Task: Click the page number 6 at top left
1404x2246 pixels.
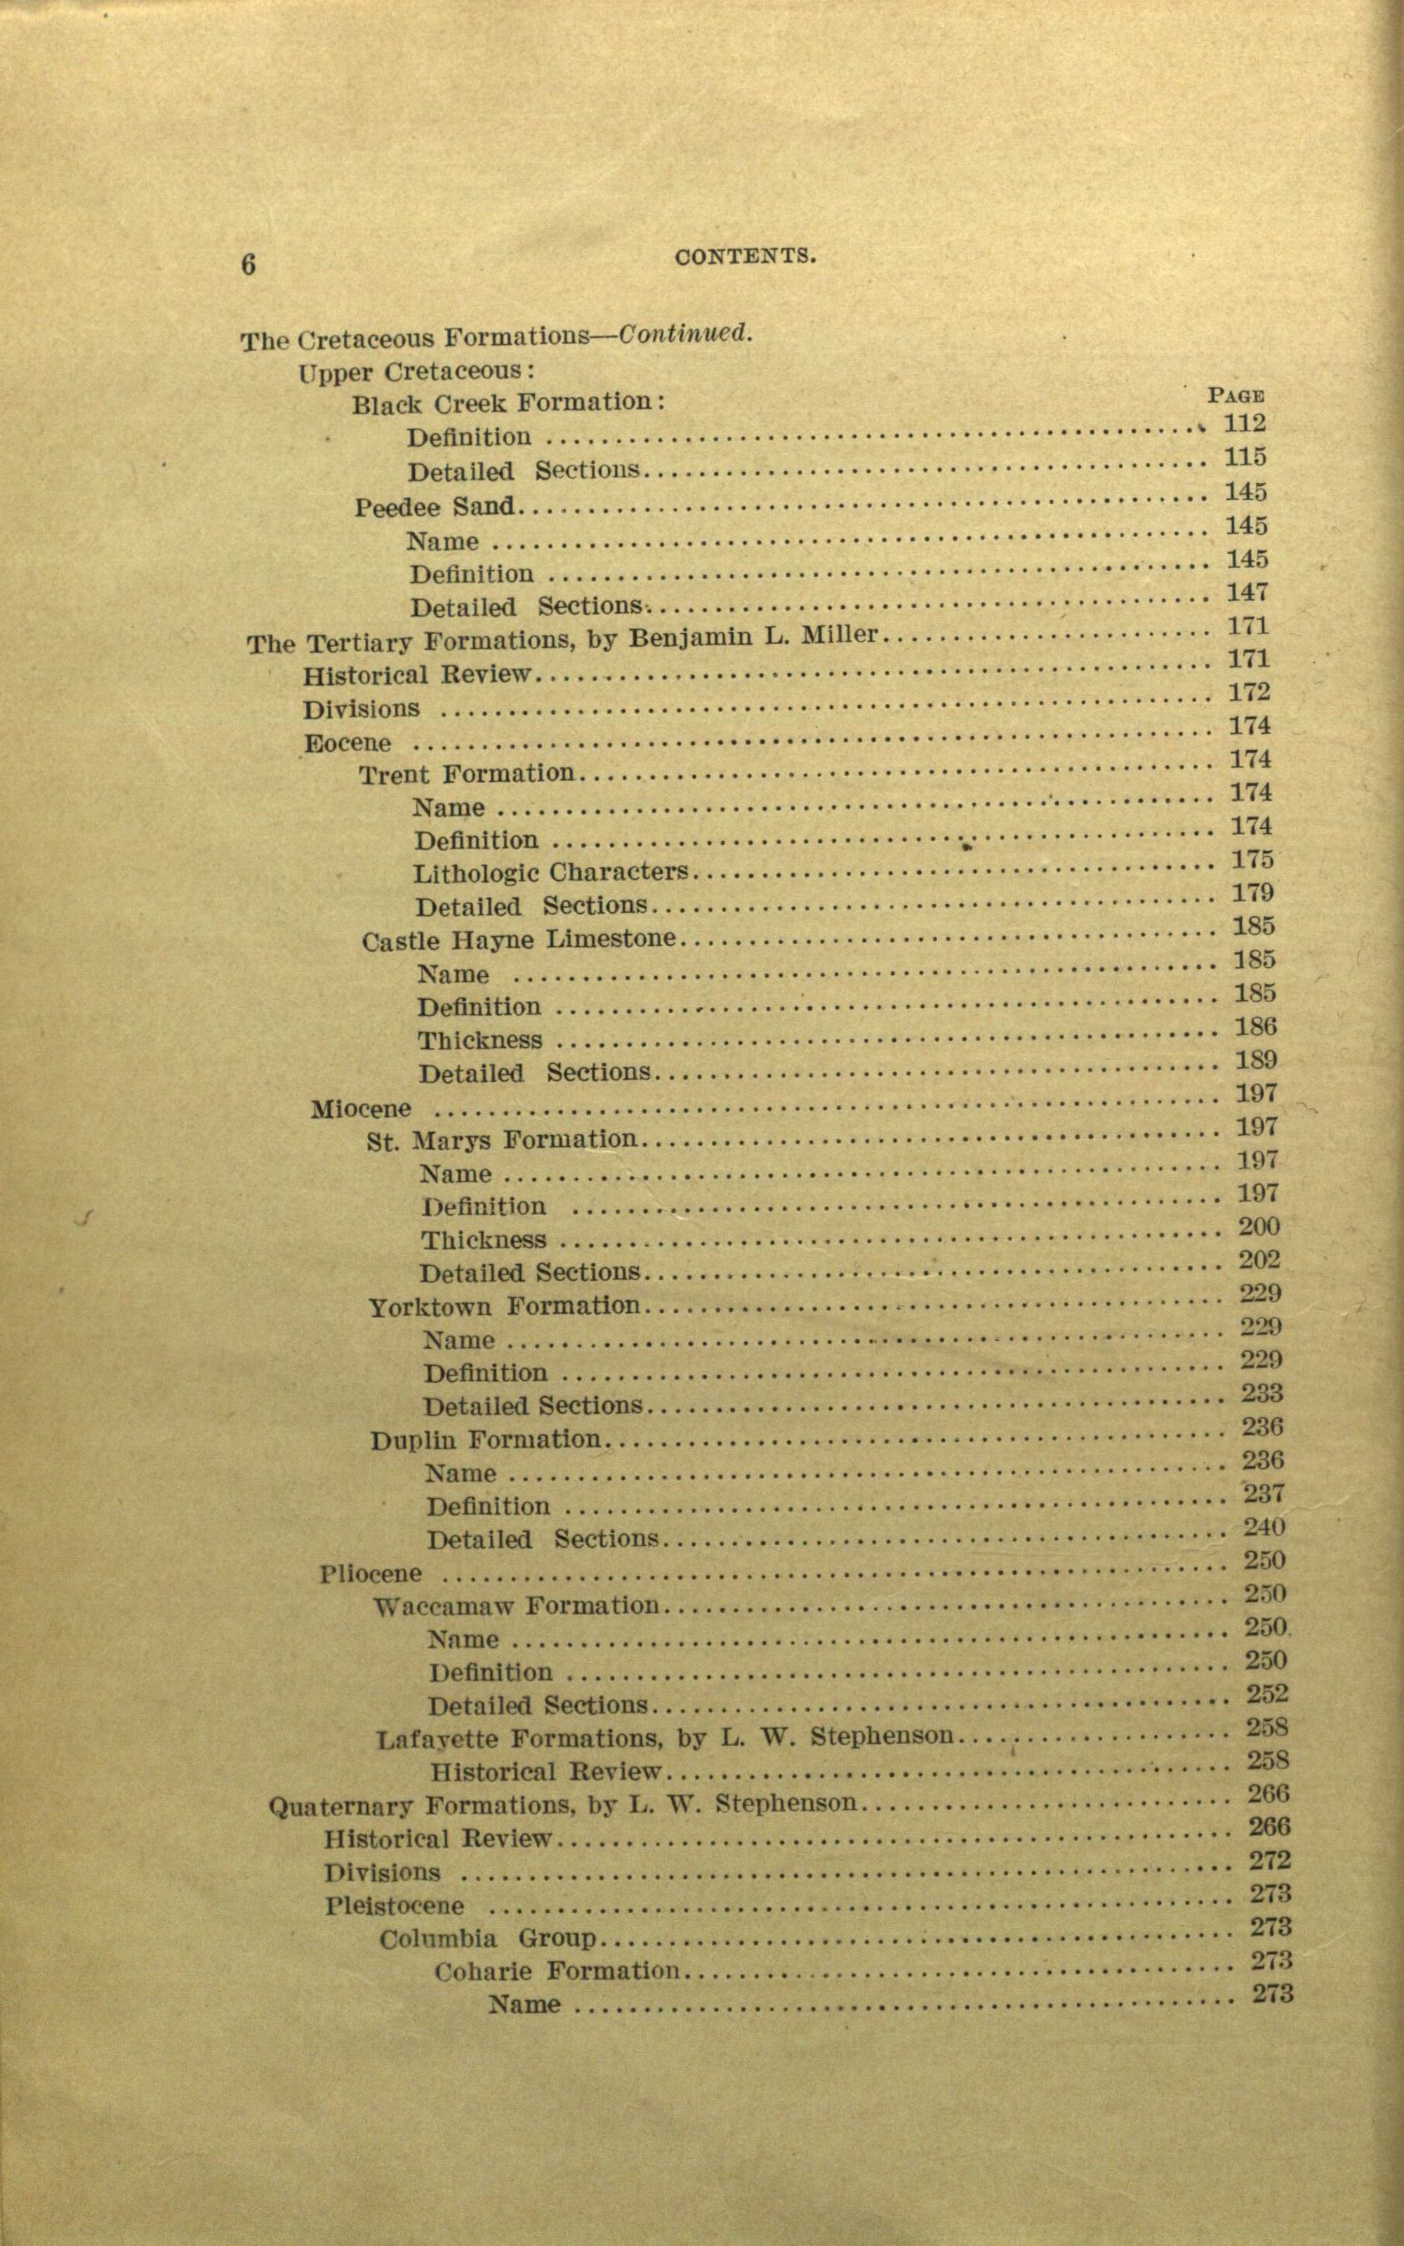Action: coord(248,265)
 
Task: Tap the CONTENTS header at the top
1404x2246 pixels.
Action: coord(746,256)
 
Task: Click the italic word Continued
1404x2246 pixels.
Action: coord(685,334)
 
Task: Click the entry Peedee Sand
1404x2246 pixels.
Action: coord(434,507)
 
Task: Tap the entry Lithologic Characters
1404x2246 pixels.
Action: coord(550,873)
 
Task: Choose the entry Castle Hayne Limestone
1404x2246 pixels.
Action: coord(518,940)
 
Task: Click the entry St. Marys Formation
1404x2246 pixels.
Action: coord(501,1140)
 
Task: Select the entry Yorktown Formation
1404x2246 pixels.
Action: coord(504,1307)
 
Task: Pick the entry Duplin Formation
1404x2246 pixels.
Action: coord(486,1440)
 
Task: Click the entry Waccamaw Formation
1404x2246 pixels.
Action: coord(515,1606)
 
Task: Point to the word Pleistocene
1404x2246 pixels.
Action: coord(395,1906)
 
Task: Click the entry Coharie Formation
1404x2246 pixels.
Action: coord(556,1971)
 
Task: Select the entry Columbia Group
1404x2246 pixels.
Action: coord(486,1938)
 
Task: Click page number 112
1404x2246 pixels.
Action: coord(1244,423)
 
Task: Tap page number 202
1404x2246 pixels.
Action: coord(1259,1259)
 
